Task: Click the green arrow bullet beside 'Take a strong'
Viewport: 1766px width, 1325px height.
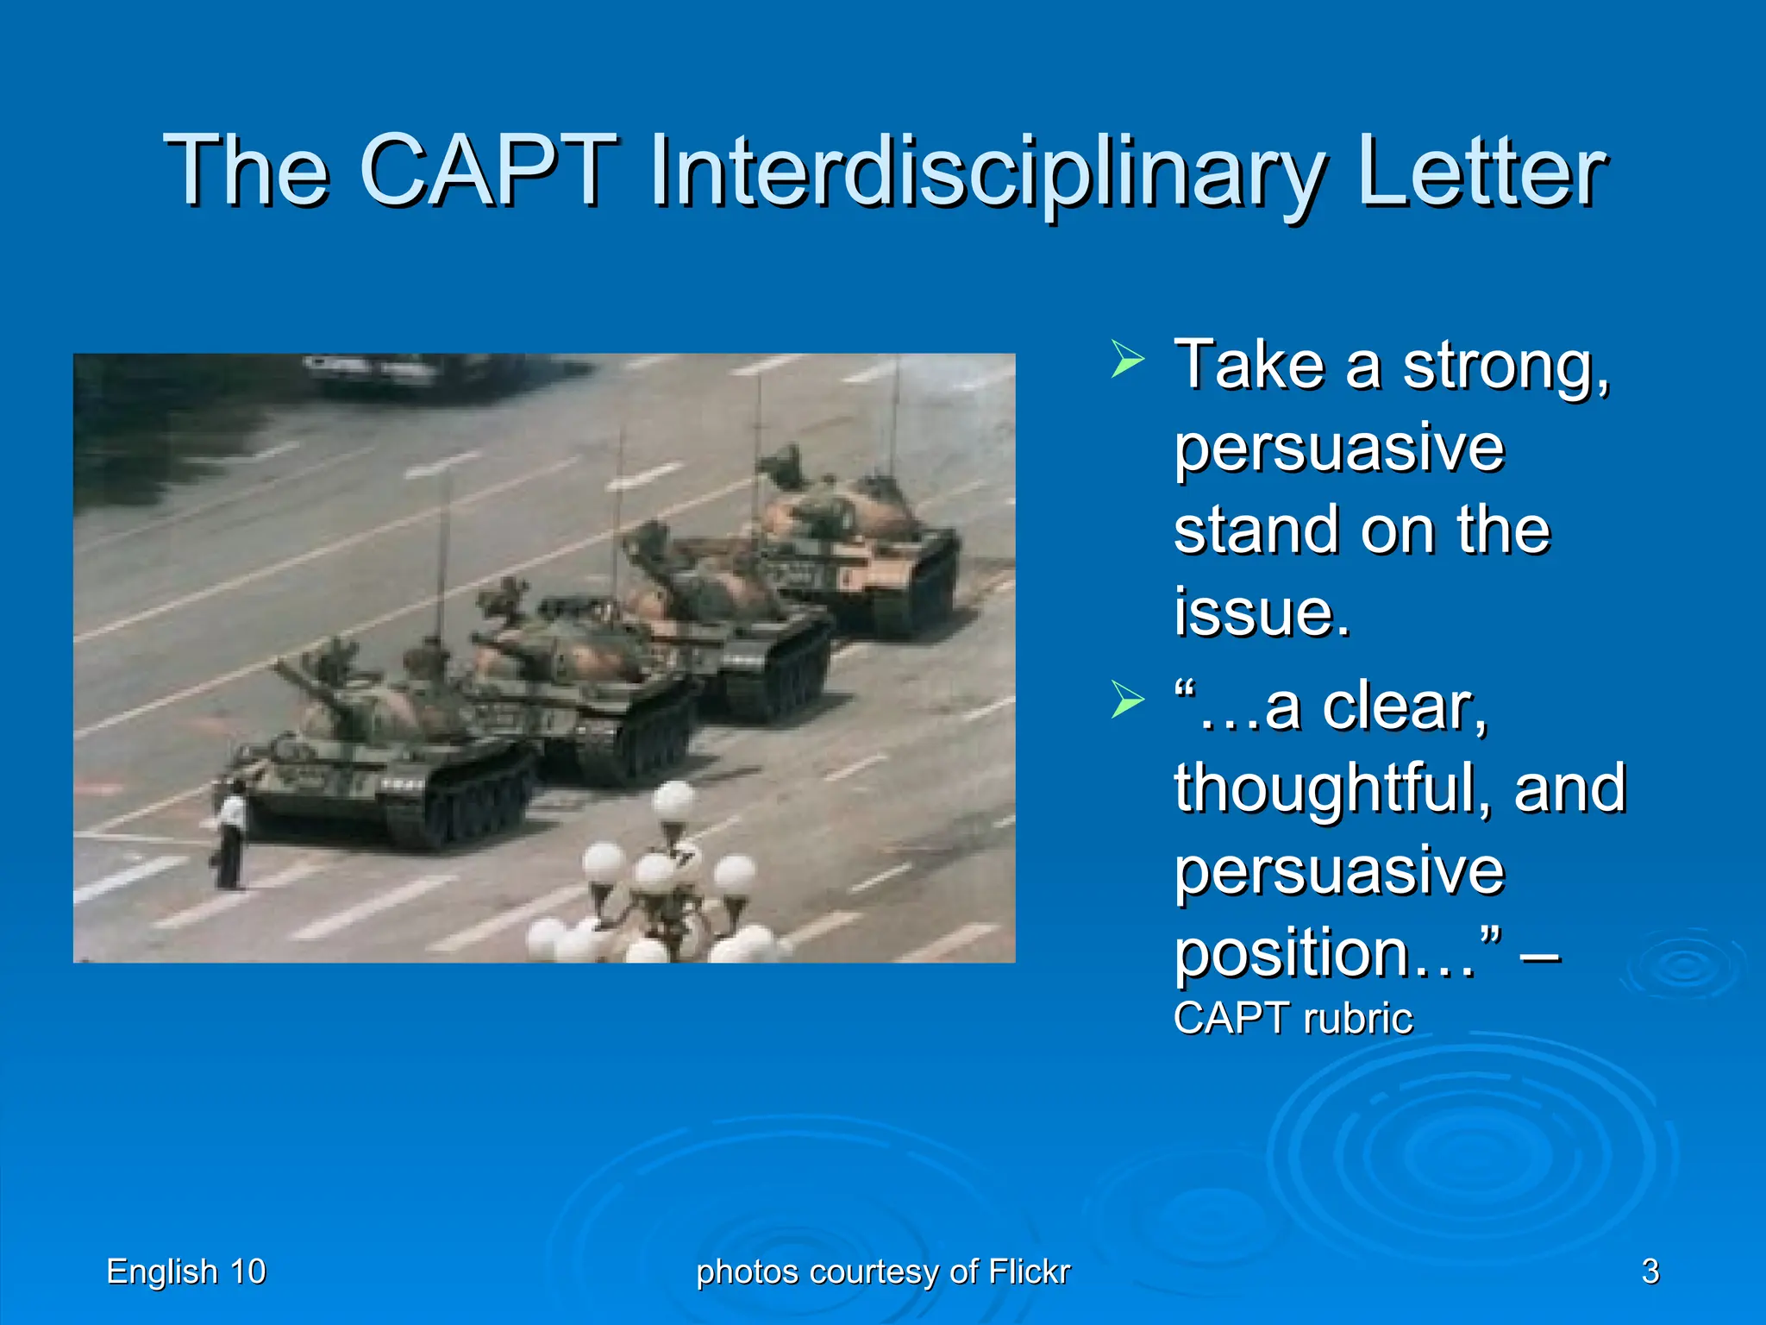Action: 1127,359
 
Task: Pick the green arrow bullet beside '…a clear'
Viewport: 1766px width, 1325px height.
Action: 1127,699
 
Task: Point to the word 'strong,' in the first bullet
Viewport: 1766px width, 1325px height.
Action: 1506,367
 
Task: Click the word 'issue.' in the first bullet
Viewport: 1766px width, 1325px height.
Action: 1261,612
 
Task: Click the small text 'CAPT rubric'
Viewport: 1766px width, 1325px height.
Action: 1292,1019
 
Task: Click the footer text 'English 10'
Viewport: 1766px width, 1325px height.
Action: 185,1272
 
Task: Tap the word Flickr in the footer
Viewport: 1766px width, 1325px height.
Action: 1029,1272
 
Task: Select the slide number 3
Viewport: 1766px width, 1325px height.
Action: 1650,1272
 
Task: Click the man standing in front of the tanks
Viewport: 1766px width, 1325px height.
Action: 231,837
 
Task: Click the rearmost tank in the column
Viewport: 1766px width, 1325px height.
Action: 862,543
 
